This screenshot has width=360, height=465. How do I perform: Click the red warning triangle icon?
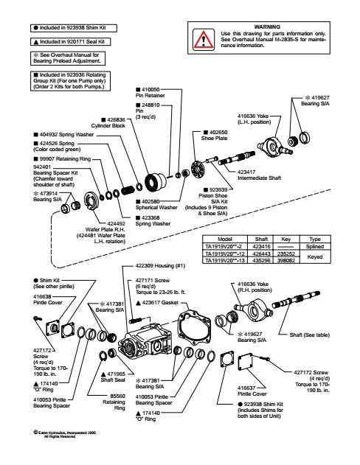click(x=204, y=39)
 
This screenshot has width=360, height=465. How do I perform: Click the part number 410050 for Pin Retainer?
click(x=150, y=90)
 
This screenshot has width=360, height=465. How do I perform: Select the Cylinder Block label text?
click(x=108, y=126)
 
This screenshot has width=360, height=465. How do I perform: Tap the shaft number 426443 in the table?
click(x=261, y=254)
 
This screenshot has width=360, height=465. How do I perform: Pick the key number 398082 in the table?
click(x=286, y=261)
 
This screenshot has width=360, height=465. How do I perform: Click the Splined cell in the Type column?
click(x=315, y=246)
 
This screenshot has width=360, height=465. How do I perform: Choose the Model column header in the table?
click(x=225, y=239)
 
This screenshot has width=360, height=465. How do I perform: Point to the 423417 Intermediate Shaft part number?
click(x=246, y=172)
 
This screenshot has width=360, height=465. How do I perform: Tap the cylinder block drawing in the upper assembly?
click(x=156, y=181)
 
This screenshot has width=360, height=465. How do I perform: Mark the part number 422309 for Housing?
click(x=145, y=266)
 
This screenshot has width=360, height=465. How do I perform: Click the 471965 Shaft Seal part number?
click(x=116, y=374)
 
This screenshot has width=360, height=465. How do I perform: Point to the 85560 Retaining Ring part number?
click(x=117, y=396)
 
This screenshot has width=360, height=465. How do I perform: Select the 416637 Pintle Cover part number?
click(x=246, y=388)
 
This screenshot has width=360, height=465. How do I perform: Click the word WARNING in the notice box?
click(x=267, y=27)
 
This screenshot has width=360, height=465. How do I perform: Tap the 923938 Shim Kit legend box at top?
click(x=74, y=28)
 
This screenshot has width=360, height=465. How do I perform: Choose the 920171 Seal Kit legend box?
click(x=70, y=42)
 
